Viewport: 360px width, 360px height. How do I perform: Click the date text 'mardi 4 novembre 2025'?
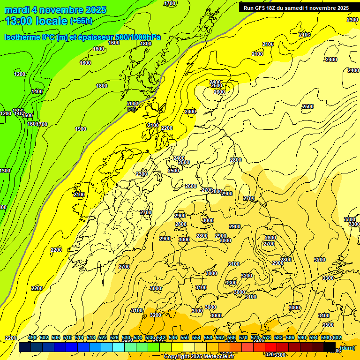[x=55, y=10]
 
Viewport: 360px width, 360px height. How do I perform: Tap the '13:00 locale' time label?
[x=37, y=21]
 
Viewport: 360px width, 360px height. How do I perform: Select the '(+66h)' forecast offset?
[x=81, y=21]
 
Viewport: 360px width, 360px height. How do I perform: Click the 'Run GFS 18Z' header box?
[x=295, y=8]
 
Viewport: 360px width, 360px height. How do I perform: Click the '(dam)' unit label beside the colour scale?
[x=347, y=347]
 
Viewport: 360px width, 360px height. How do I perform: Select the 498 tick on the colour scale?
[x=32, y=337]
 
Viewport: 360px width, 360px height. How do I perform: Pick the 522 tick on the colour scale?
[x=103, y=337]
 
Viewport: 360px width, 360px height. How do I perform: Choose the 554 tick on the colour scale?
[x=196, y=337]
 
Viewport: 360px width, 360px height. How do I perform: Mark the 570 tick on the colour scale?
[x=243, y=337]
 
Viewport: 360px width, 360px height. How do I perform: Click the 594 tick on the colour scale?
[x=314, y=337]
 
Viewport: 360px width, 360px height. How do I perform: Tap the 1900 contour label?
[x=81, y=129]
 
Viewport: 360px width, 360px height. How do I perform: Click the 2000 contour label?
[x=133, y=104]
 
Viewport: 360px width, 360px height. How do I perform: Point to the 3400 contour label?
[x=323, y=315]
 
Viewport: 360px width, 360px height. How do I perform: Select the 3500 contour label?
[x=328, y=325]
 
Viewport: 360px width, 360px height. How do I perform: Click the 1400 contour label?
[x=37, y=91]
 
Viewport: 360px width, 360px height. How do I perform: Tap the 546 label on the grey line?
[x=132, y=109]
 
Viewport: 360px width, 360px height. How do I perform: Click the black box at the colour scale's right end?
[x=329, y=347]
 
